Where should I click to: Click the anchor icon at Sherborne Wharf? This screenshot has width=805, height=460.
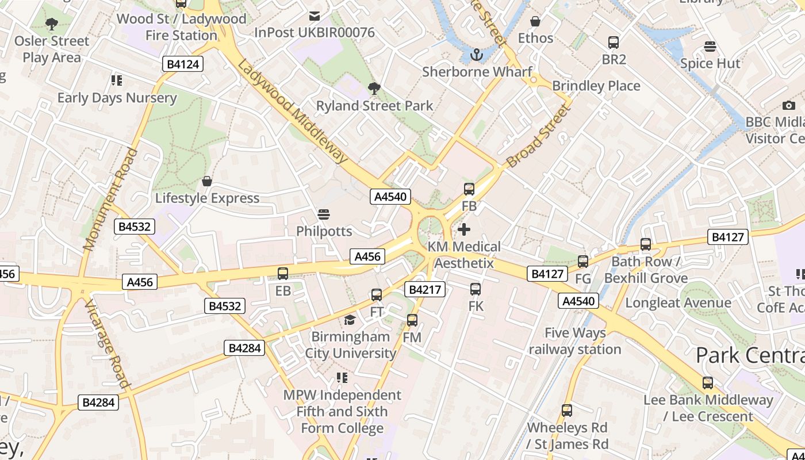pyautogui.click(x=476, y=55)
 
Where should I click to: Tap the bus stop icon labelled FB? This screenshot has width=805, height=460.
pyautogui.click(x=469, y=189)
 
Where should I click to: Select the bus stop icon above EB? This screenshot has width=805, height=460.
pyautogui.click(x=283, y=274)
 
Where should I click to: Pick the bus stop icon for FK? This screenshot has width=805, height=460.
pyautogui.click(x=476, y=289)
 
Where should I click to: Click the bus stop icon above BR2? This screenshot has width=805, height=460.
pyautogui.click(x=614, y=42)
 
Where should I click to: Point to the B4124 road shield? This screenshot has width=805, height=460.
pyautogui.click(x=183, y=64)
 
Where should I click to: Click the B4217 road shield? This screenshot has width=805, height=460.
pyautogui.click(x=425, y=289)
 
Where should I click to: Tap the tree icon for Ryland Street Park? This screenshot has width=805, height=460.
pyautogui.click(x=374, y=89)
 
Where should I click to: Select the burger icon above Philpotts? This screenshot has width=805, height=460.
pyautogui.click(x=324, y=214)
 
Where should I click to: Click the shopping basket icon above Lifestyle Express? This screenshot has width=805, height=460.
pyautogui.click(x=207, y=182)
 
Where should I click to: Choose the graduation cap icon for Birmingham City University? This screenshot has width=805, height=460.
pyautogui.click(x=350, y=320)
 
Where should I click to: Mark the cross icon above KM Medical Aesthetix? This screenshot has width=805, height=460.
pyautogui.click(x=464, y=229)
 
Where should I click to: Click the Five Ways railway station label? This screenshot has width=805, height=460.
pyautogui.click(x=575, y=341)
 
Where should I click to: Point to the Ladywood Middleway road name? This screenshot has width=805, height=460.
pyautogui.click(x=293, y=112)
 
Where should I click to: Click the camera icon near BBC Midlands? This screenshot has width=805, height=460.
pyautogui.click(x=789, y=105)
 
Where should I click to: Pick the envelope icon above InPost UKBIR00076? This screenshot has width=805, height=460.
pyautogui.click(x=315, y=16)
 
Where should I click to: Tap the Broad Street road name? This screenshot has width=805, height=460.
pyautogui.click(x=538, y=136)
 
